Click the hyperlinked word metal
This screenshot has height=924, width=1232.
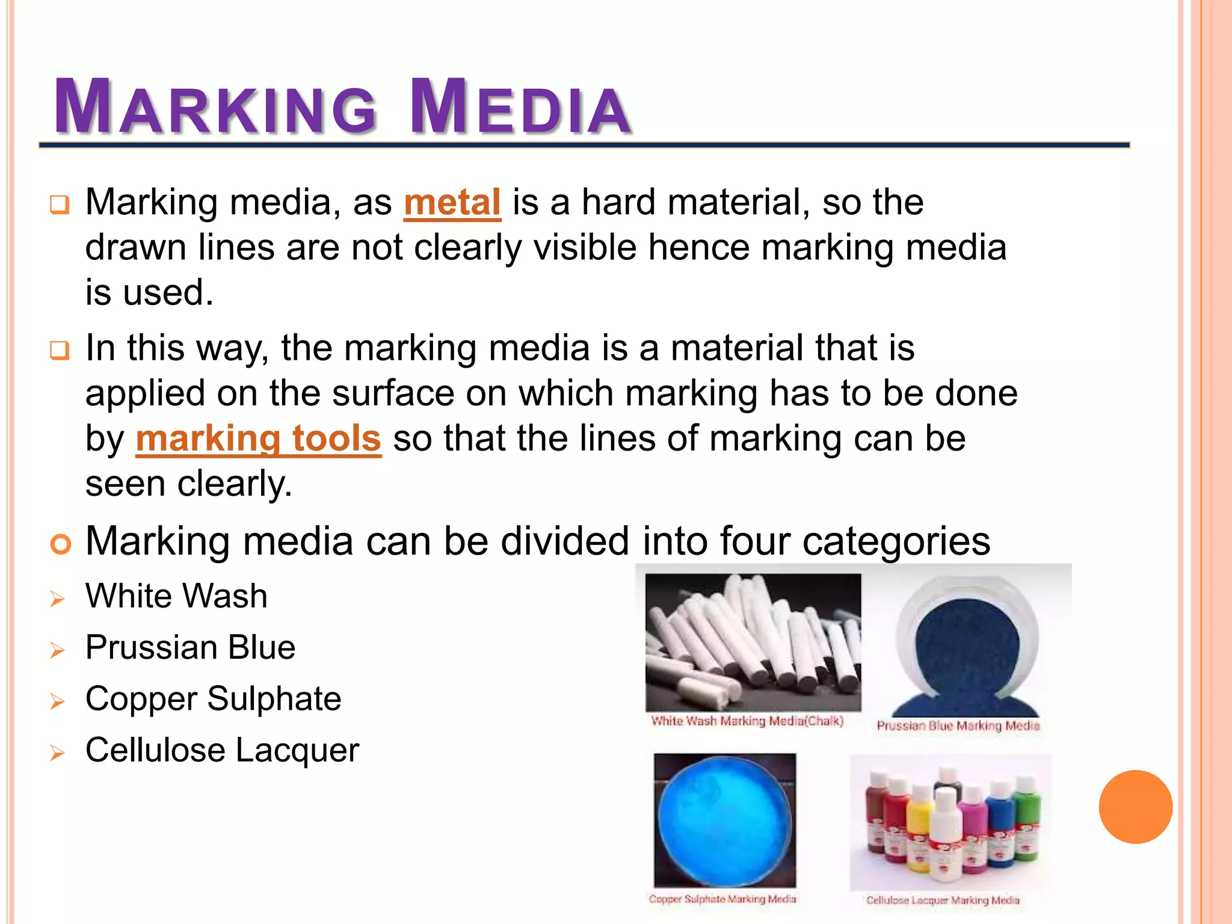point(452,203)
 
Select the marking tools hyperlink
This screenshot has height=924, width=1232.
point(259,439)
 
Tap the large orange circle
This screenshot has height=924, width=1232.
point(1135,807)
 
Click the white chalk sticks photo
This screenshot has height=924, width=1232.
point(753,642)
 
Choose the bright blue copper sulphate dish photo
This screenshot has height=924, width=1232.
point(724,820)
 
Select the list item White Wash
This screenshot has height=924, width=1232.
point(176,596)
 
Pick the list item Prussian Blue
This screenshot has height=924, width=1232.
point(190,648)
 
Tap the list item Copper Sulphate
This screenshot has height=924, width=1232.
point(213,699)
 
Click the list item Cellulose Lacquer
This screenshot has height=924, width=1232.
point(222,751)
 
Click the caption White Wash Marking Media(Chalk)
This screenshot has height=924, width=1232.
point(747,721)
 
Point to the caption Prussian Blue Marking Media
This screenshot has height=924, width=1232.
point(958,725)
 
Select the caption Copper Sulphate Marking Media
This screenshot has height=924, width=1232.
point(722,899)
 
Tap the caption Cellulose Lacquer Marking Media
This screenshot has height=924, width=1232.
point(943,900)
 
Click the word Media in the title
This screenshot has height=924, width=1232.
point(520,107)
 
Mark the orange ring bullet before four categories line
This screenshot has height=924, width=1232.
point(61,544)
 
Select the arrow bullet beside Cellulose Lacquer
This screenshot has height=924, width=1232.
point(58,753)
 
